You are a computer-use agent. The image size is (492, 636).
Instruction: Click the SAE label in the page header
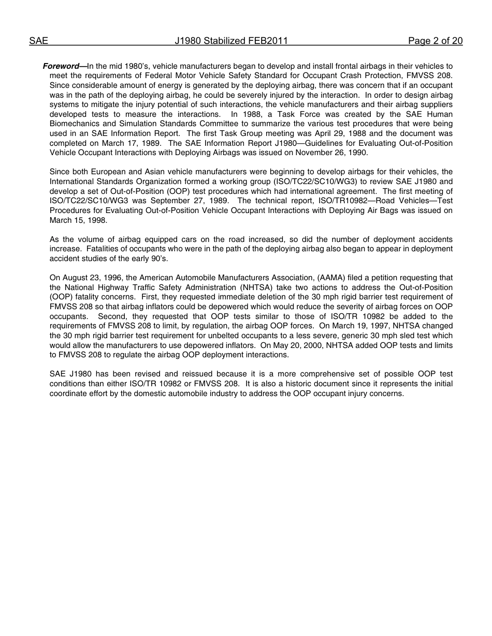(x=38, y=41)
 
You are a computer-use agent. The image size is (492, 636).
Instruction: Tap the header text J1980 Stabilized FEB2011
(x=231, y=41)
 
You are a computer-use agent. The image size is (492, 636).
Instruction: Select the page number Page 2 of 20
(x=435, y=41)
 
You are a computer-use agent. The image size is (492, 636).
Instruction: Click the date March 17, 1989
(x=125, y=143)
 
